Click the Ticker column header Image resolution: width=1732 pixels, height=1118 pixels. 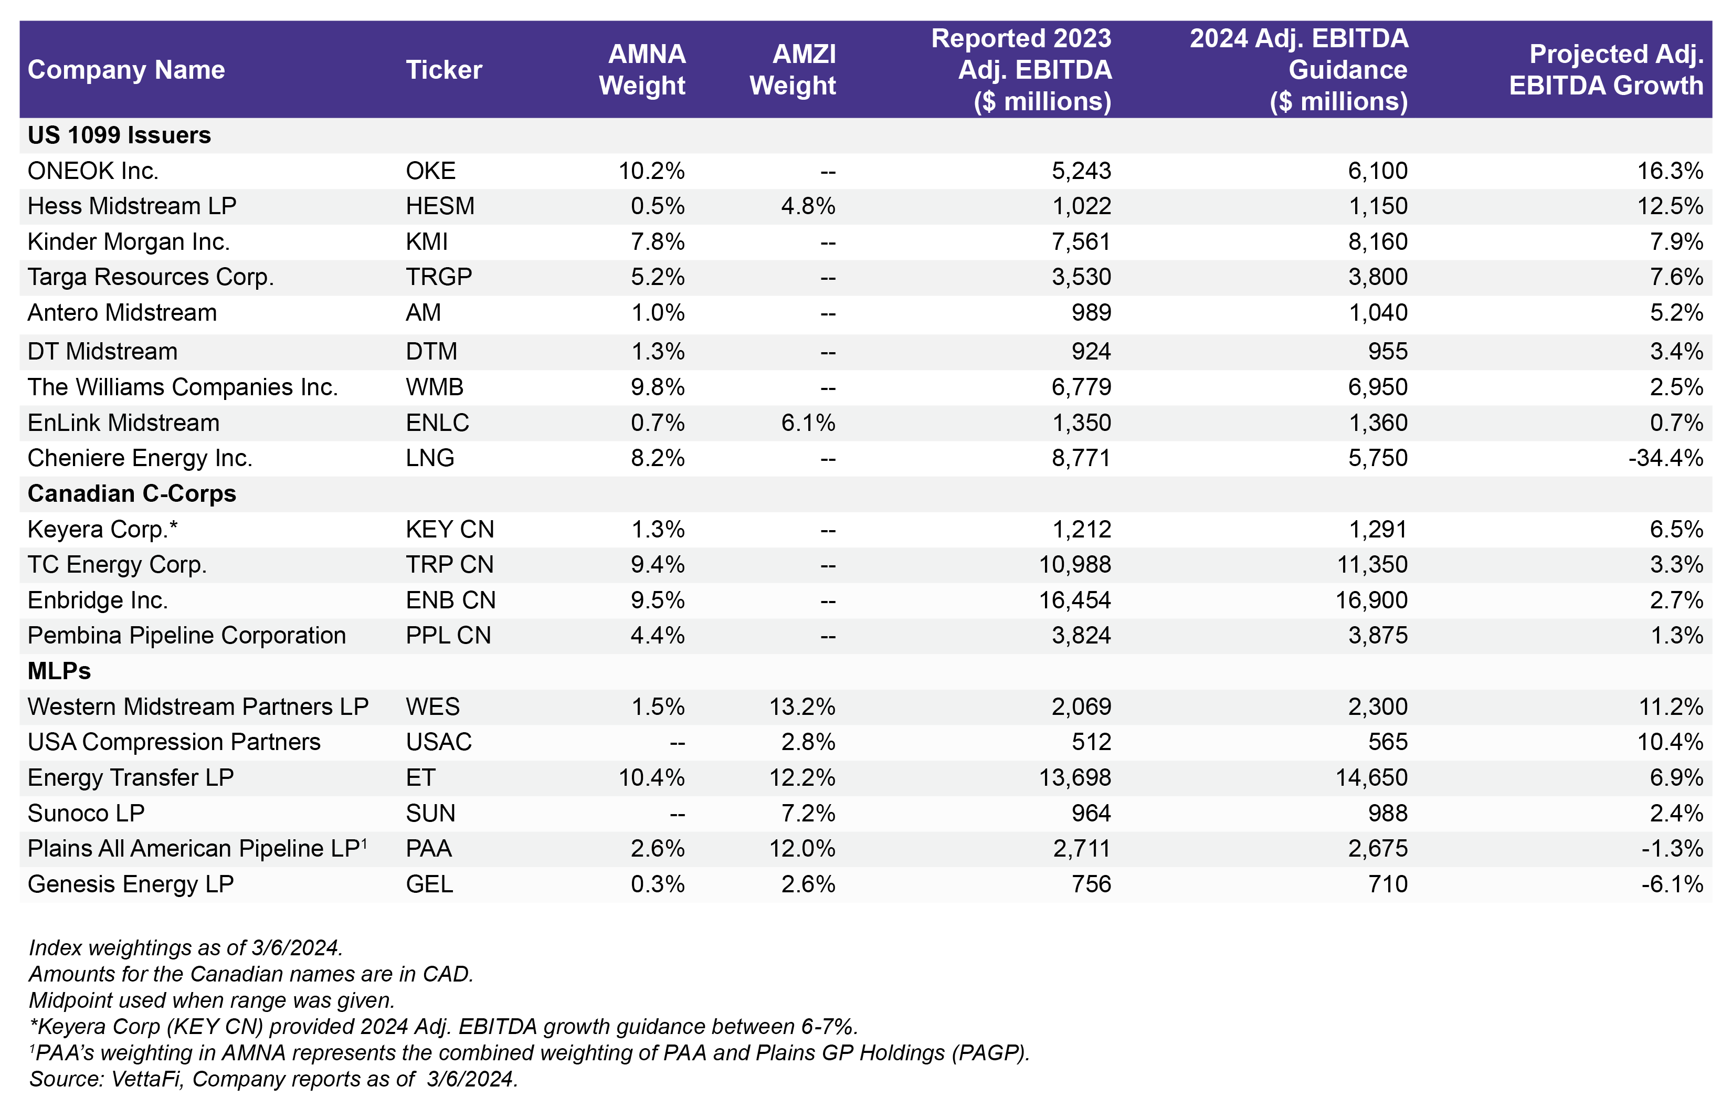tap(443, 70)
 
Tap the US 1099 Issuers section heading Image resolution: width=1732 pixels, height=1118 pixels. tap(119, 135)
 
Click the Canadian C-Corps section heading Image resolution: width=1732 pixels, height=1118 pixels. tap(131, 494)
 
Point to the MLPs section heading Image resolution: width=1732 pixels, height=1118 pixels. tap(59, 671)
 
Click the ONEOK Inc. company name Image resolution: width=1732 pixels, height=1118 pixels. tap(93, 171)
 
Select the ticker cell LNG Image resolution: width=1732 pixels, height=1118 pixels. tap(430, 458)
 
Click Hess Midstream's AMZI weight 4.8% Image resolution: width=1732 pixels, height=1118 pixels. tap(807, 206)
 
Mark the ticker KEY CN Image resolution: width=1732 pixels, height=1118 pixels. tap(449, 529)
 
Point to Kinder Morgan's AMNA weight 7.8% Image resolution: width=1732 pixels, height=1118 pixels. tap(657, 242)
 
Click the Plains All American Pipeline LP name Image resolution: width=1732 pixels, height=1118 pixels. tap(196, 849)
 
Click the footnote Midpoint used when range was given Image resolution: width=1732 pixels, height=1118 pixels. tap(211, 1000)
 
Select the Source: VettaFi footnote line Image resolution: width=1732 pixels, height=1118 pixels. tap(273, 1079)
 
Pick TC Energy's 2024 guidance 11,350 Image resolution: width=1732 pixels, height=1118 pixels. tap(1371, 565)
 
